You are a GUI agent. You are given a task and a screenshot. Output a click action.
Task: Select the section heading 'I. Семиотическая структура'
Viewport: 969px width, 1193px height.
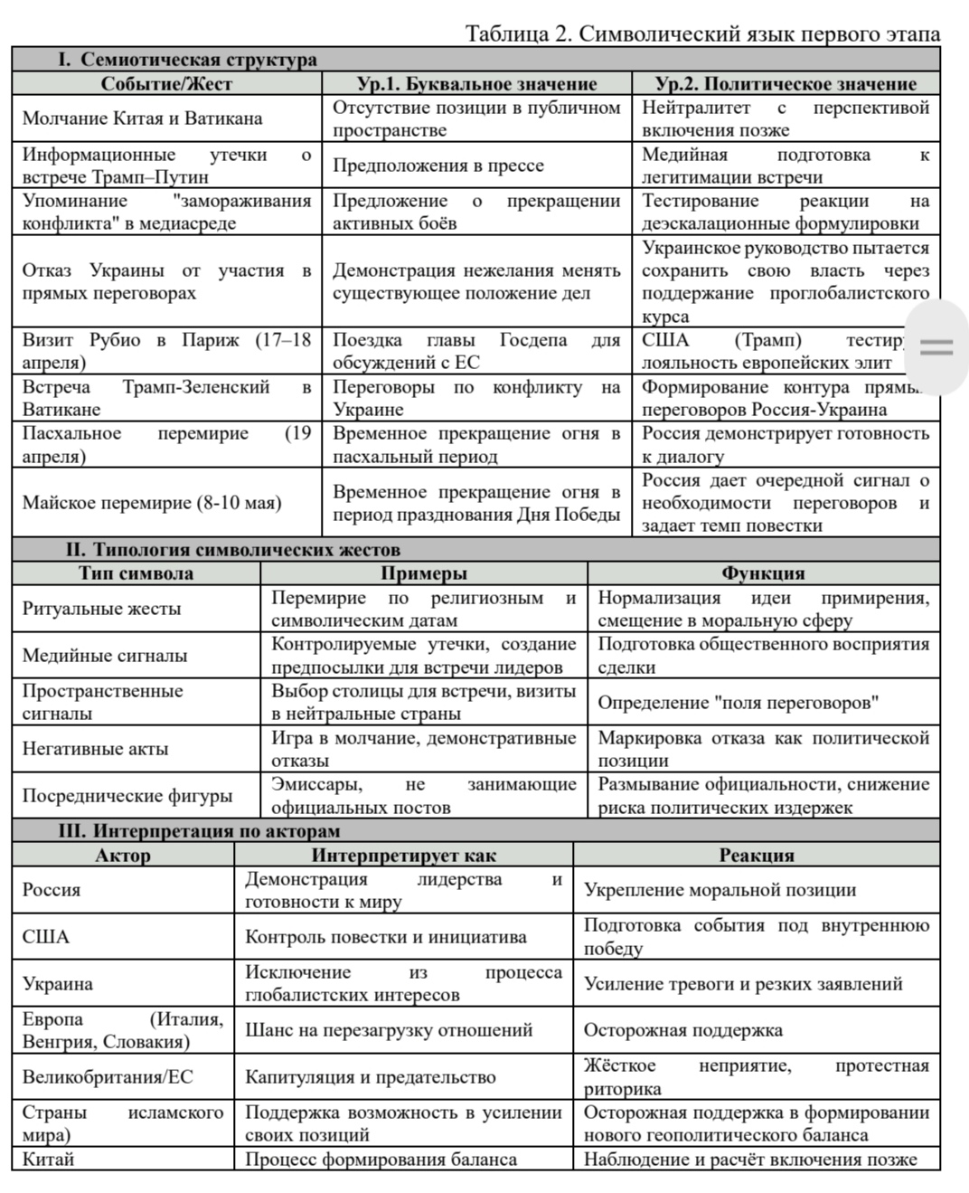pyautogui.click(x=187, y=60)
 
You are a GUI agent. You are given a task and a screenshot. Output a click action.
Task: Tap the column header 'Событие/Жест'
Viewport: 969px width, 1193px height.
pyautogui.click(x=166, y=84)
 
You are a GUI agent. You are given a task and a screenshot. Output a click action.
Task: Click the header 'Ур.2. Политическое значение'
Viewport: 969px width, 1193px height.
pyautogui.click(x=785, y=84)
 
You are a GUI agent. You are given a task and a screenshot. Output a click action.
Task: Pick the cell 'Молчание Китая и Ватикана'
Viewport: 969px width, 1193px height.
pyautogui.click(x=142, y=118)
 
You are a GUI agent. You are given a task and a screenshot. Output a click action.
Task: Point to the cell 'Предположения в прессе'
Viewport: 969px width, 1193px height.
pyautogui.click(x=437, y=166)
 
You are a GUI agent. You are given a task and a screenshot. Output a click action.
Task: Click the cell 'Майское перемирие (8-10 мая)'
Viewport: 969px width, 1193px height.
pyautogui.click(x=152, y=503)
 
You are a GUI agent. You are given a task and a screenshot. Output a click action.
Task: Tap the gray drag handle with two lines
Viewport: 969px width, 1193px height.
pyautogui.click(x=936, y=347)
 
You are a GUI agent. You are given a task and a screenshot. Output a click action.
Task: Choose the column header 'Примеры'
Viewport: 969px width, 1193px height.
pyautogui.click(x=423, y=573)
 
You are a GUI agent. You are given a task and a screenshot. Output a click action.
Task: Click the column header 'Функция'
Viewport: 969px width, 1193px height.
pyautogui.click(x=763, y=573)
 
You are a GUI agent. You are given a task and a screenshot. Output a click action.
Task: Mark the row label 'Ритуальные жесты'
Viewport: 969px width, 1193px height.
pyautogui.click(x=101, y=609)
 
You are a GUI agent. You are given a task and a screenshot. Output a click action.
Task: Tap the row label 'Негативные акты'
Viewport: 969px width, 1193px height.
pyautogui.click(x=95, y=749)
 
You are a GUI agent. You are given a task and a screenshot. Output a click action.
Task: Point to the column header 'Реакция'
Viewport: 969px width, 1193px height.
pyautogui.click(x=756, y=855)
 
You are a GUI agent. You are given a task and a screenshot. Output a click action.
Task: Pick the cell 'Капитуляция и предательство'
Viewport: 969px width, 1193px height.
pyautogui.click(x=370, y=1077)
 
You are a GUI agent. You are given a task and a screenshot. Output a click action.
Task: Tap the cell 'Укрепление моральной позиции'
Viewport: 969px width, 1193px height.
pyautogui.click(x=720, y=890)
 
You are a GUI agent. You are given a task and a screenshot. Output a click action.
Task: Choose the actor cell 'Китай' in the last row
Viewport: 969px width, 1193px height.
pyautogui.click(x=48, y=1160)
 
